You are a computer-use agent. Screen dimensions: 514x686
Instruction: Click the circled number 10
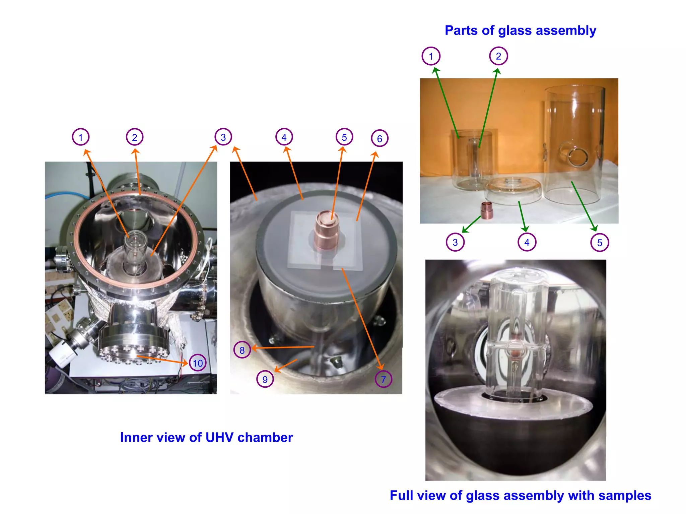point(198,363)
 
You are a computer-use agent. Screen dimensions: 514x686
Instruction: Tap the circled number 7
point(384,379)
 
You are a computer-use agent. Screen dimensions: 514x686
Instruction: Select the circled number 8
point(242,350)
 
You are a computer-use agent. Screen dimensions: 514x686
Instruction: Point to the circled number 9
point(265,379)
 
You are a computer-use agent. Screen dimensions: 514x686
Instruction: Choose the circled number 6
point(380,138)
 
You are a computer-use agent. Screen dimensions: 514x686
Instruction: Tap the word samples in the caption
point(625,496)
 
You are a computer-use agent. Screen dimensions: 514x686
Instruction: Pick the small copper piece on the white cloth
point(487,210)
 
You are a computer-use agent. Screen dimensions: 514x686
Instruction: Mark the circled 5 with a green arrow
point(600,243)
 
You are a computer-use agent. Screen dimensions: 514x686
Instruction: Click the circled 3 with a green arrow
point(455,242)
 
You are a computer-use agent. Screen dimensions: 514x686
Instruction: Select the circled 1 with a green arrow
point(431,56)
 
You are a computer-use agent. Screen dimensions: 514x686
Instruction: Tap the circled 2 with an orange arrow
point(135,137)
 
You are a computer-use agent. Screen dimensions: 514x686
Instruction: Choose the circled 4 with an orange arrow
point(284,137)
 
